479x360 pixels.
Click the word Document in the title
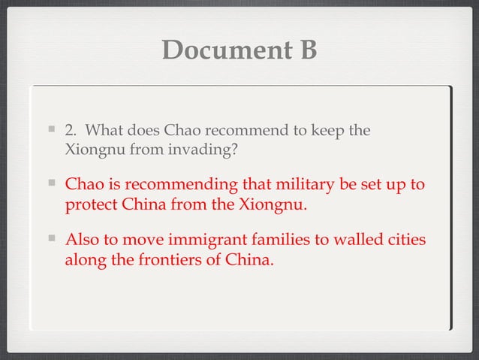(x=218, y=50)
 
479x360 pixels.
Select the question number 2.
(x=70, y=131)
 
